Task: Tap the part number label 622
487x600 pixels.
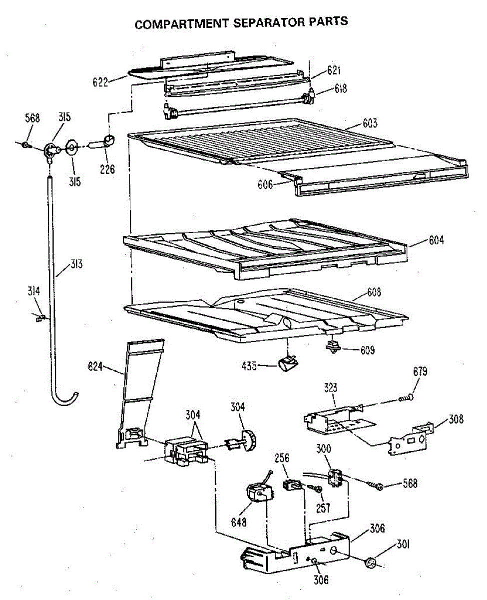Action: click(x=100, y=82)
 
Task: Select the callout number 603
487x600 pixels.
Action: click(x=370, y=123)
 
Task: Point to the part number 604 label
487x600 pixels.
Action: click(x=436, y=240)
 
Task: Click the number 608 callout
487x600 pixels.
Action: click(x=372, y=292)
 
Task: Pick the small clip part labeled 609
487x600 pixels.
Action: click(x=333, y=345)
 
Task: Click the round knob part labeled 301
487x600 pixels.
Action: click(x=371, y=563)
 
